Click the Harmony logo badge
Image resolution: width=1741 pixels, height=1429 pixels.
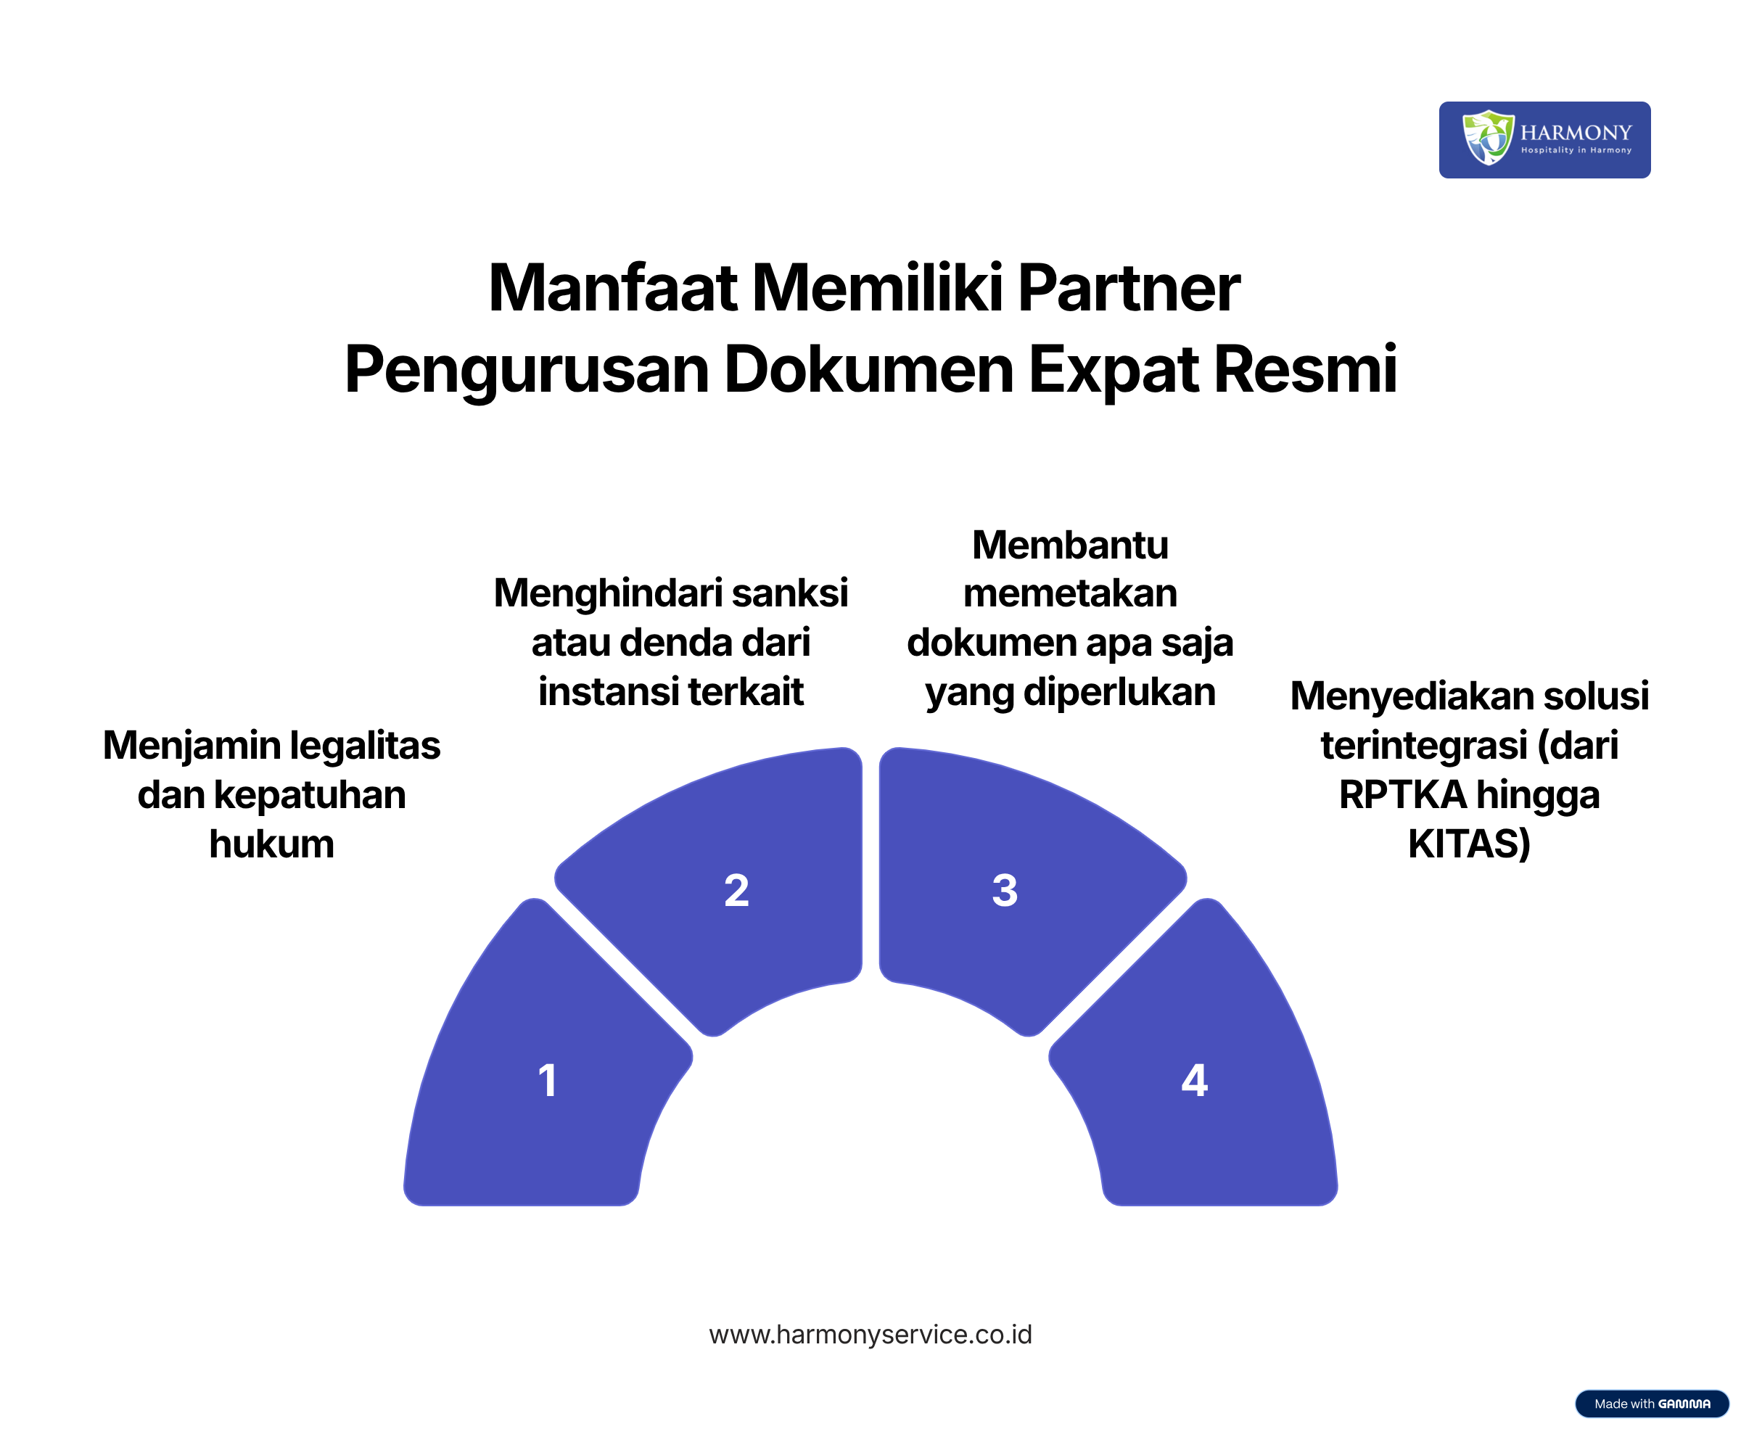(x=1544, y=140)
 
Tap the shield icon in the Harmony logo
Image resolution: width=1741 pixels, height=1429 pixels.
(x=1487, y=138)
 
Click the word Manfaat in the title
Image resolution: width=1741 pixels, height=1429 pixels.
(x=612, y=288)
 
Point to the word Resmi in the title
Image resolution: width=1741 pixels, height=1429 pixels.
(x=1305, y=368)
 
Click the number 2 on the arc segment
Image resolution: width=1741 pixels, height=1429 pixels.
(x=737, y=891)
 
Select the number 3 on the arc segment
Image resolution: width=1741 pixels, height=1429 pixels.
(x=1005, y=891)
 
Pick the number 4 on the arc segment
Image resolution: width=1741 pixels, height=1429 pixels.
(x=1195, y=1081)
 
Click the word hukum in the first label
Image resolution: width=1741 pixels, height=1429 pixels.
(x=271, y=844)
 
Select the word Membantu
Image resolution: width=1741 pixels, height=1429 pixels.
(x=1070, y=545)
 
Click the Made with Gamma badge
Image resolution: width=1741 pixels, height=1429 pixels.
(x=1652, y=1404)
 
